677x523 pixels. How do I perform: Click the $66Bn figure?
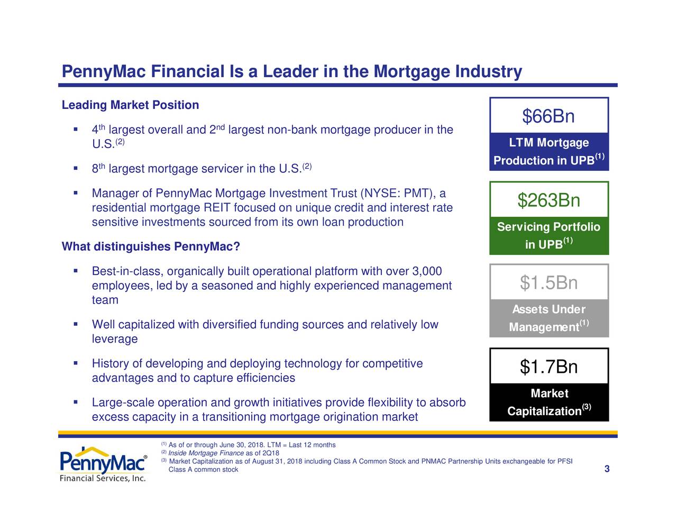tap(548, 116)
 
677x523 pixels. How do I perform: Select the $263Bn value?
tap(548, 200)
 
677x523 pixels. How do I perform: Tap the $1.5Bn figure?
tap(548, 283)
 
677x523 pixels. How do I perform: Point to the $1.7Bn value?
tap(548, 366)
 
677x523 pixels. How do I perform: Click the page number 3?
tap(607, 469)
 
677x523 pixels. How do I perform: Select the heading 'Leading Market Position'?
tap(130, 105)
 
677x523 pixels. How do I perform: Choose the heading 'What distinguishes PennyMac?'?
tap(151, 247)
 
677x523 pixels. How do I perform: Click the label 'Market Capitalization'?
tap(548, 402)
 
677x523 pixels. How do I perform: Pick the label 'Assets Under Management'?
tap(548, 318)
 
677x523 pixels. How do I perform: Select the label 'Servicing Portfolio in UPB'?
tap(548, 235)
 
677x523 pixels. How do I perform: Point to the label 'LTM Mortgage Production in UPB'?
tap(548, 152)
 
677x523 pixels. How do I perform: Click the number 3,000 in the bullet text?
tap(426, 272)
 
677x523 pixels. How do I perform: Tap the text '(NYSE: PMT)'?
tap(397, 194)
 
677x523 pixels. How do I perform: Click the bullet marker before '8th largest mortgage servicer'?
tap(77, 168)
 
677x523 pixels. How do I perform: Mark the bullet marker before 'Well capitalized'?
tap(77, 324)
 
